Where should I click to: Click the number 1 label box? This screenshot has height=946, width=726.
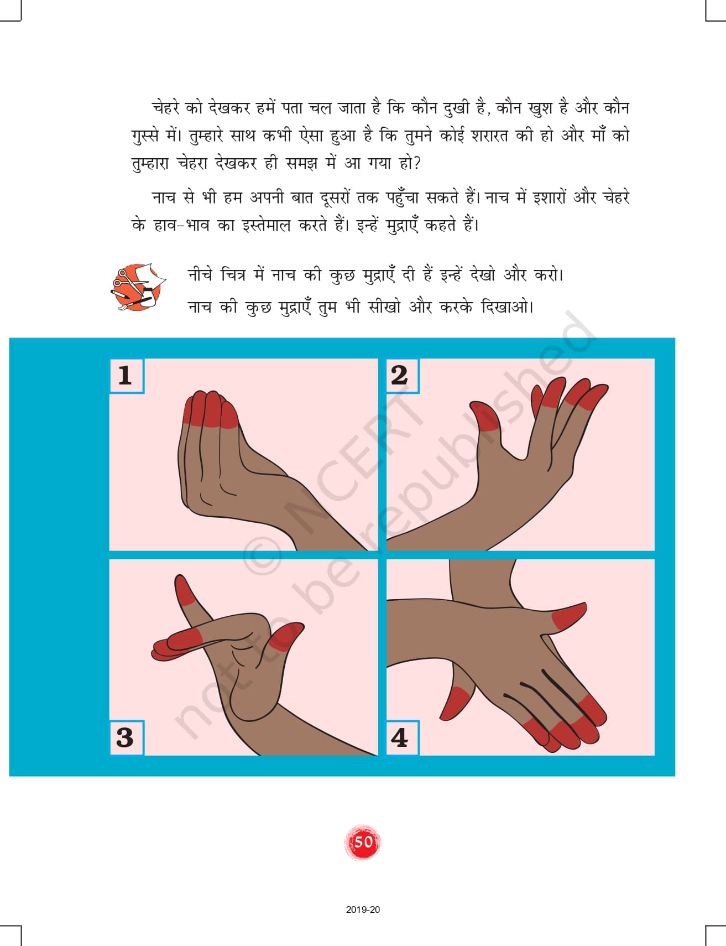(x=127, y=376)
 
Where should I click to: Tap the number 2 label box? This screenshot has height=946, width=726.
(x=402, y=376)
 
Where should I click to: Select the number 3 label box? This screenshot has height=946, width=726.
(x=127, y=737)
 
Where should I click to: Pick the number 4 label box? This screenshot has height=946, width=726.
(x=402, y=737)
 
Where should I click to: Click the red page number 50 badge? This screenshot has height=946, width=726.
(x=363, y=842)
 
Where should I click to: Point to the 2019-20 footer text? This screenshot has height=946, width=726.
(x=363, y=909)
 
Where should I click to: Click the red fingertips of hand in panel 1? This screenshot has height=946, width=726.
(x=210, y=409)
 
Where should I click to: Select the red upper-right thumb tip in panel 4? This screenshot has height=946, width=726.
(x=568, y=616)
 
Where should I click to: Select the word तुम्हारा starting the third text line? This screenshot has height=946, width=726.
(x=150, y=164)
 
